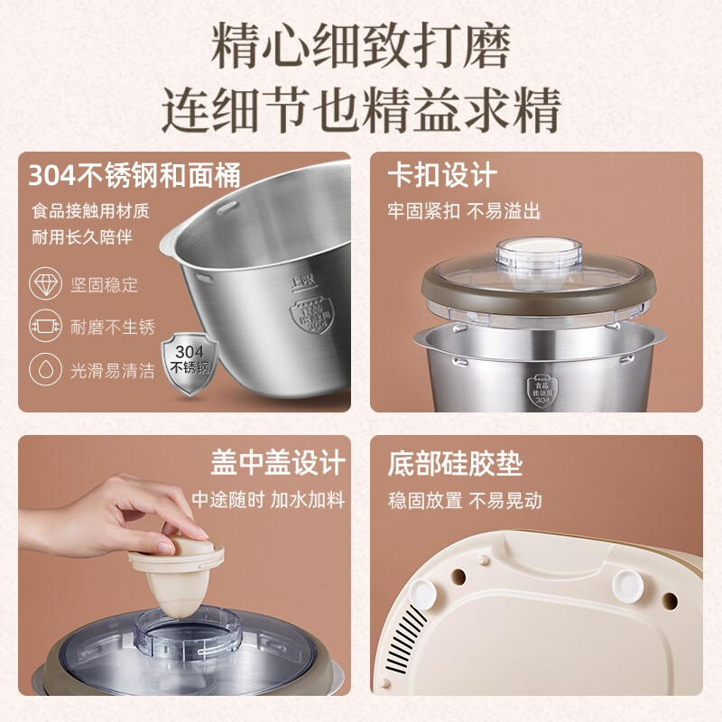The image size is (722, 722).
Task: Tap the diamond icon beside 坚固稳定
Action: (45, 283)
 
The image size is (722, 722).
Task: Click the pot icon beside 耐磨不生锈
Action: (45, 326)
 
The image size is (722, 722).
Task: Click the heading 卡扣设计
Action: (442, 174)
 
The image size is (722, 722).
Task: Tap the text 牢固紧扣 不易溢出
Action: (464, 211)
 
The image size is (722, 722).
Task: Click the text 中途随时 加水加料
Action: (268, 499)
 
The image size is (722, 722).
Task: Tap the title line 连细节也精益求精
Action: (361, 110)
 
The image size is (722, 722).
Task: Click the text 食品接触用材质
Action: (90, 211)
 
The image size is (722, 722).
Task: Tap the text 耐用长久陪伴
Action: (82, 237)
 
